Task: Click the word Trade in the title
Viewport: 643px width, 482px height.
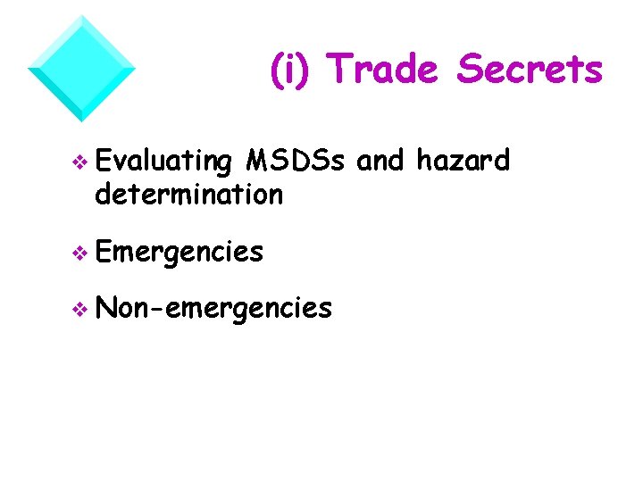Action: [381, 70]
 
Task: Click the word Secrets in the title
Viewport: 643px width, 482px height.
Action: [530, 70]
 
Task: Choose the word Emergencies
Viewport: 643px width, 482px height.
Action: [179, 253]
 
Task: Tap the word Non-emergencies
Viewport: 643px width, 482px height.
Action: [213, 308]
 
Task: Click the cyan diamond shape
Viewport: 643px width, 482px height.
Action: [81, 68]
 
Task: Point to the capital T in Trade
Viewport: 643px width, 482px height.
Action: [340, 70]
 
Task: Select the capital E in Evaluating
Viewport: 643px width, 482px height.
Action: [101, 161]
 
